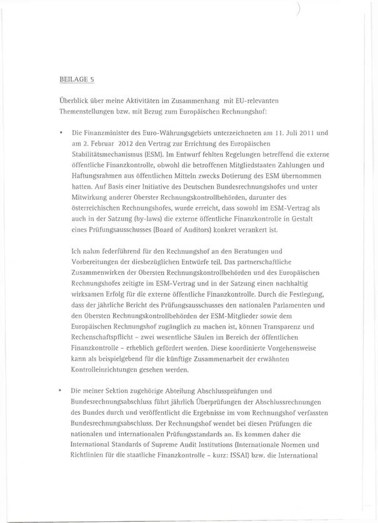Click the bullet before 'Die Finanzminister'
tap(59, 134)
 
